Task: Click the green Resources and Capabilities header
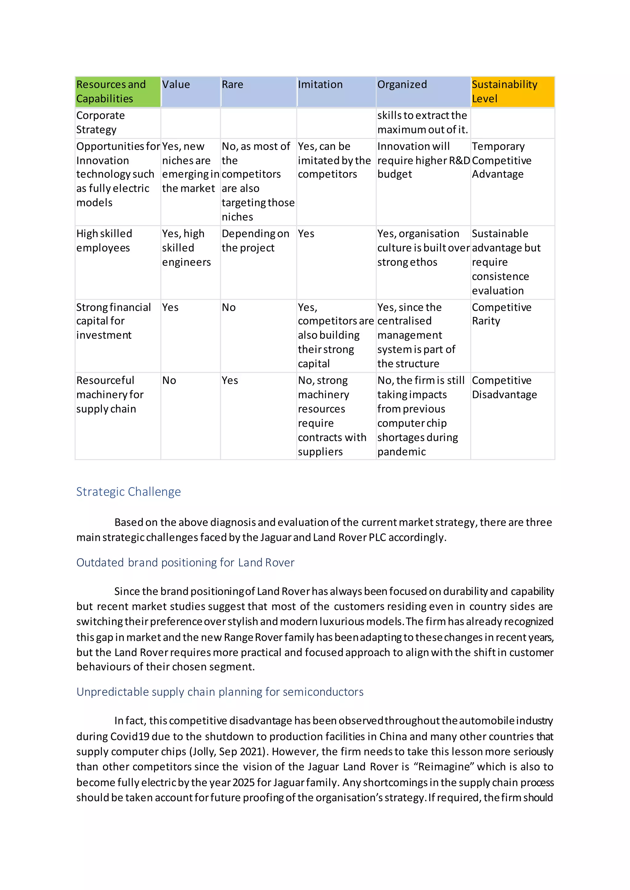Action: click(x=118, y=92)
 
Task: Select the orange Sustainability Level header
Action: click(x=512, y=92)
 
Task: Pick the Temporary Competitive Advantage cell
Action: click(x=501, y=160)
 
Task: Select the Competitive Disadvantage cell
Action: click(x=504, y=387)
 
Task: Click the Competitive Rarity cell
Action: click(x=501, y=314)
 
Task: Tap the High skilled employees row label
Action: click(x=104, y=241)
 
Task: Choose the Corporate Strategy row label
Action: click(x=100, y=123)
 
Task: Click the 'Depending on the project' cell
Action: click(x=255, y=241)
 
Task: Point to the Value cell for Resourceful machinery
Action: click(x=169, y=380)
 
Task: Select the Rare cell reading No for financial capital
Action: click(x=229, y=307)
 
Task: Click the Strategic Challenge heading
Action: click(x=128, y=491)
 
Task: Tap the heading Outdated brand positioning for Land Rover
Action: click(x=185, y=562)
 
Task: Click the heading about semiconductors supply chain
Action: click(x=220, y=692)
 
